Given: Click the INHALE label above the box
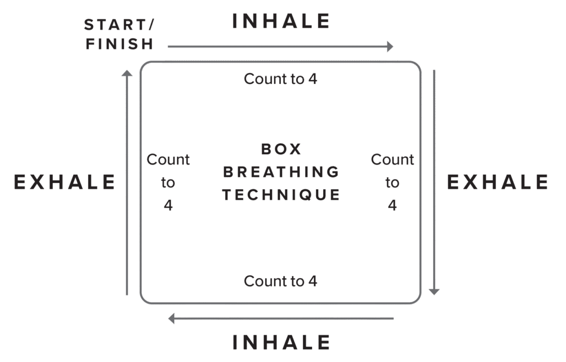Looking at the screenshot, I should click(281, 22).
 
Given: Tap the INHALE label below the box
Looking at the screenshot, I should click(281, 343).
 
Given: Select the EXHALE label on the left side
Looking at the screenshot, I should click(65, 182).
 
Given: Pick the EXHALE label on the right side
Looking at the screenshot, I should click(497, 182).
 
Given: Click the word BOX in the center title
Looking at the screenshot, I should click(281, 149).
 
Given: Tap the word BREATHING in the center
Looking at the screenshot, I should click(281, 172).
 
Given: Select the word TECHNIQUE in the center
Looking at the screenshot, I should click(281, 194).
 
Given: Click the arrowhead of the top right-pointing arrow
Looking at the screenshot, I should click(390, 46).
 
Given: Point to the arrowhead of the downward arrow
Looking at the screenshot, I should click(434, 292).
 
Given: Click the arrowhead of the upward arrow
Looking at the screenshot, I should click(127, 73).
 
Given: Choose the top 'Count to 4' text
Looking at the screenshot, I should click(280, 79).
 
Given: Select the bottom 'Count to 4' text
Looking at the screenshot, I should click(280, 281).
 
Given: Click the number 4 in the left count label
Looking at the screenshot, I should click(168, 206).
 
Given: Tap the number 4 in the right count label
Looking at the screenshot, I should click(392, 206).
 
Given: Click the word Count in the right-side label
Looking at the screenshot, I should click(392, 160).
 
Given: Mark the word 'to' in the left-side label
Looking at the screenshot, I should click(168, 183).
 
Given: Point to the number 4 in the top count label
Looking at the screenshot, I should click(313, 80).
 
